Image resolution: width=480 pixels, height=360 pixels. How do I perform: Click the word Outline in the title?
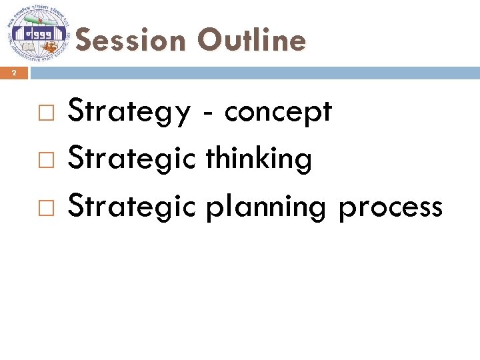coord(251,41)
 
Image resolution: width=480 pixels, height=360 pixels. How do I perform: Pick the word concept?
coord(278,112)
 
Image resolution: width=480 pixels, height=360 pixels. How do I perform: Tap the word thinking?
coord(259,159)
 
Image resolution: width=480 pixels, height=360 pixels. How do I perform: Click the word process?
coord(390,208)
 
